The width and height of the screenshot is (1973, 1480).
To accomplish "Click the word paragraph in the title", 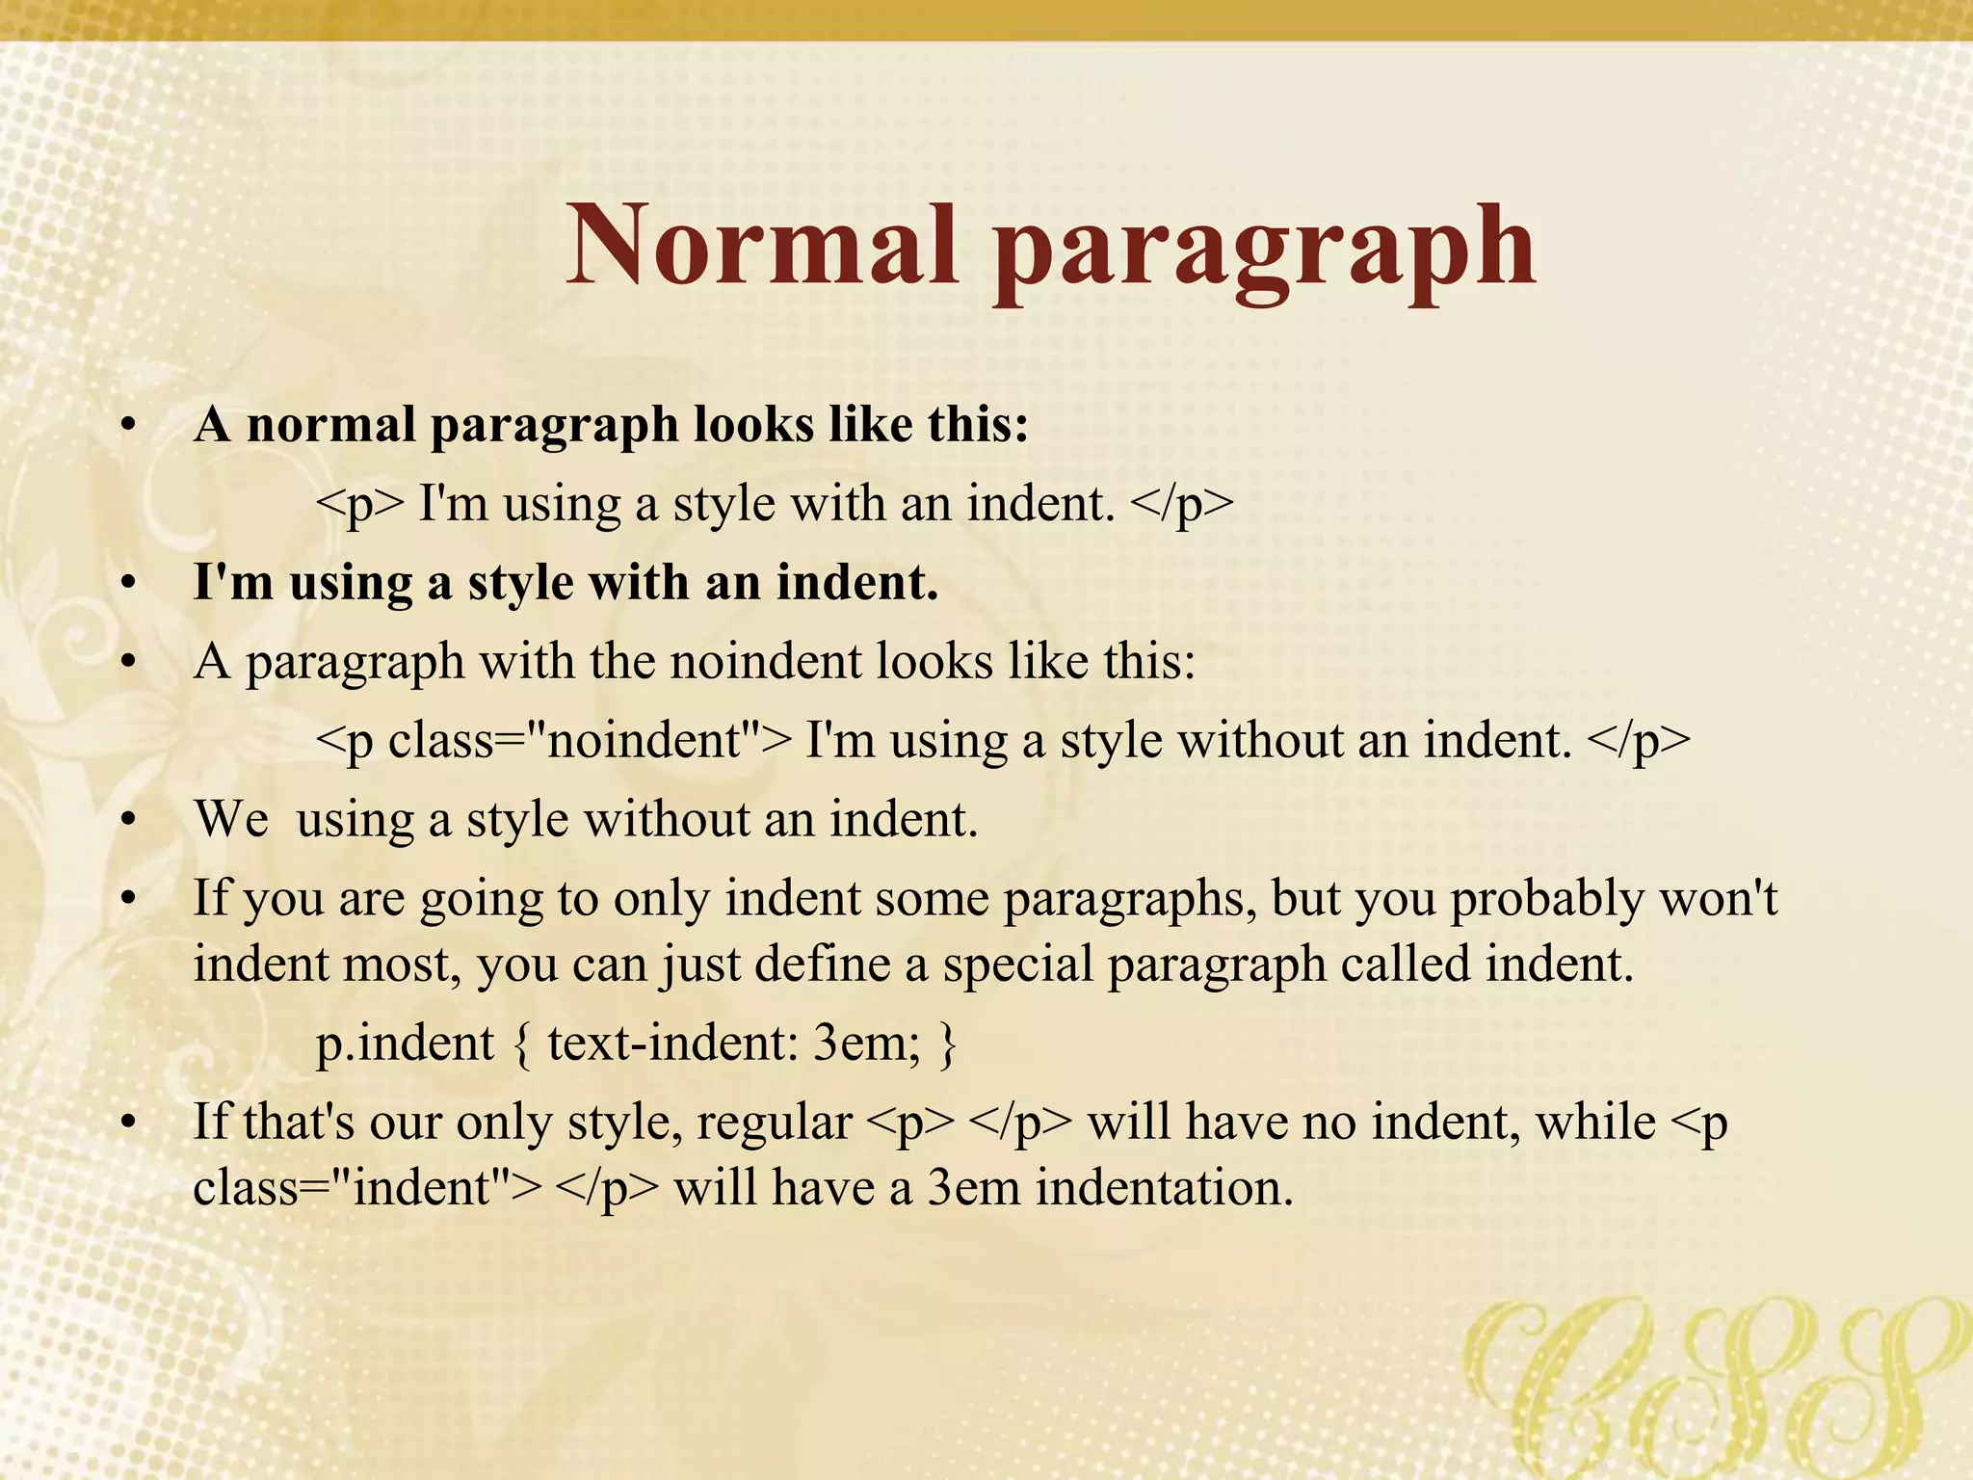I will [x=1264, y=252].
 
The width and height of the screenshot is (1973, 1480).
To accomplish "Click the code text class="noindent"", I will [x=589, y=741].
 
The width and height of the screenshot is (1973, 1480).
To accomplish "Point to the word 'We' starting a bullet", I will [x=231, y=820].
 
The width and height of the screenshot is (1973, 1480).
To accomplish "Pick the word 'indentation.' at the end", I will [x=1164, y=1187].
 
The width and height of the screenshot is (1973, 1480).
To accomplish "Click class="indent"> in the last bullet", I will [x=367, y=1187].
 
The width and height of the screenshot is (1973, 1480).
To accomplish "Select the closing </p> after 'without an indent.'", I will [x=1638, y=741].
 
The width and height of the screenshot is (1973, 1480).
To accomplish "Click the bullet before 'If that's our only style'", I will [x=129, y=1123].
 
